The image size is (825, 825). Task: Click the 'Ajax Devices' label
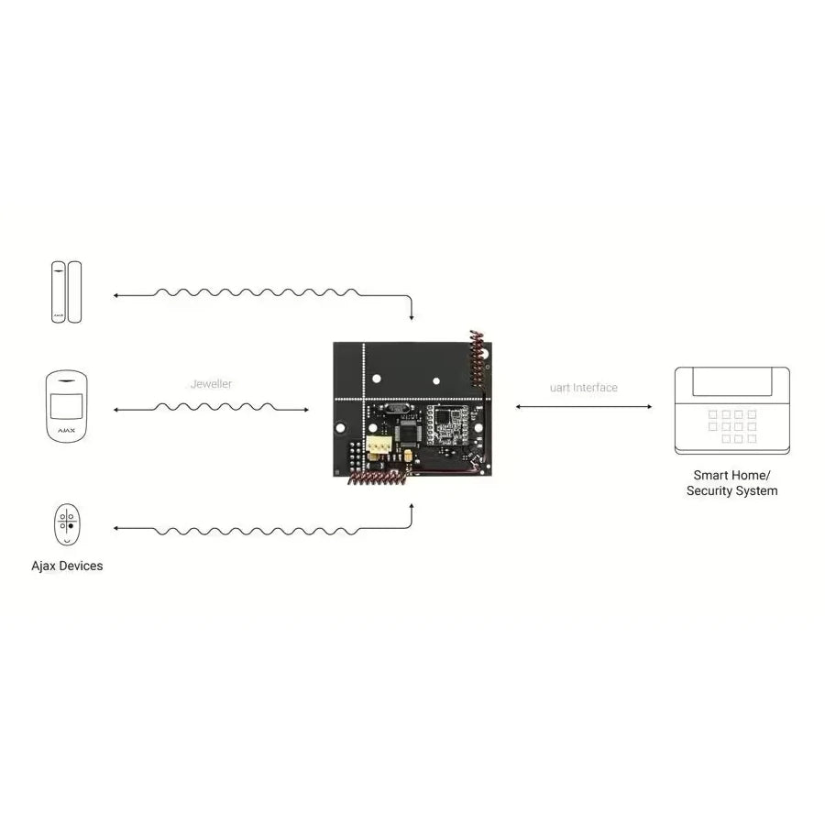click(x=67, y=566)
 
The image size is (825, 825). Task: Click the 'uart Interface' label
click(x=583, y=388)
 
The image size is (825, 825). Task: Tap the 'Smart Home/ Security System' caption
click(x=731, y=483)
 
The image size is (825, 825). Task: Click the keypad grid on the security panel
click(x=731, y=426)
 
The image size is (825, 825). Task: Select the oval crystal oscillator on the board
click(x=395, y=412)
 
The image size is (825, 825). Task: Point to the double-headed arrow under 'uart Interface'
click(x=583, y=406)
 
